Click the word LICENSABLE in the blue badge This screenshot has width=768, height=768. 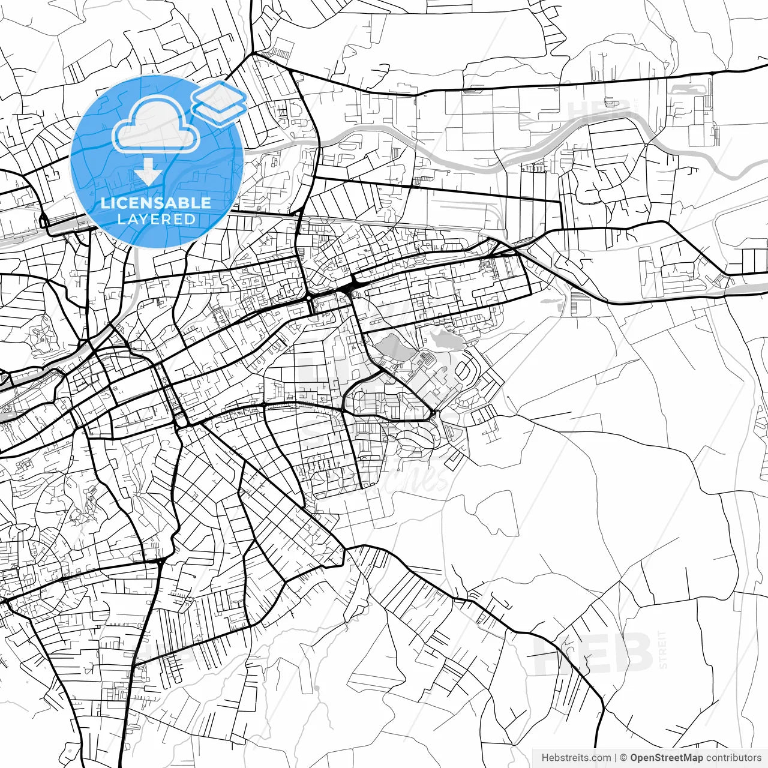click(x=156, y=203)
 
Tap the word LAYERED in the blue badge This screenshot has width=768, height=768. click(x=156, y=219)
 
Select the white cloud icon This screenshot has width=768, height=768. click(x=157, y=125)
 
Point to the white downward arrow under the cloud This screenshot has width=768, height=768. click(x=148, y=175)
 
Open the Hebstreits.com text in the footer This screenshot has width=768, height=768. click(x=576, y=758)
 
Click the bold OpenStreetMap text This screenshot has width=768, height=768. click(x=666, y=758)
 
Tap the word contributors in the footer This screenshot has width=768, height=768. click(x=733, y=758)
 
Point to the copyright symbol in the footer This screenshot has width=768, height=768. click(x=624, y=758)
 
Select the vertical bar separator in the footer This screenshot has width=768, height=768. click(x=616, y=758)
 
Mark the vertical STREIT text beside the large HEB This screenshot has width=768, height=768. click(x=662, y=649)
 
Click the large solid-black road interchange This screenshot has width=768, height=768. click(x=347, y=290)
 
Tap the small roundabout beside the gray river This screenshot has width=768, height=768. click(x=646, y=145)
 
